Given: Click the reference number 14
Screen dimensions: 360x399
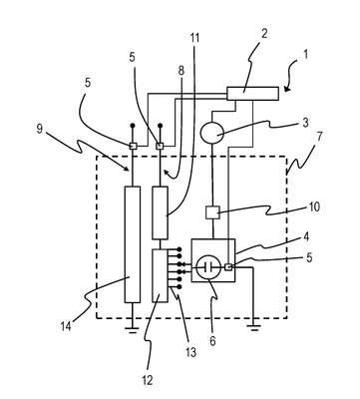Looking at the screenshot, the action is (66, 327).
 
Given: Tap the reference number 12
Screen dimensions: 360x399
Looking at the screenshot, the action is (147, 380).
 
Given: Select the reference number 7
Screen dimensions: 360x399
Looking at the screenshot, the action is (320, 137).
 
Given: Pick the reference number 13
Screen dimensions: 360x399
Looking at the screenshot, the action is (190, 352).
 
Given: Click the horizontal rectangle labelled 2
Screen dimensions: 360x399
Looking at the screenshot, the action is (252, 94).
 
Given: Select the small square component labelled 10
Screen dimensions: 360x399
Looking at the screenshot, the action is (212, 212).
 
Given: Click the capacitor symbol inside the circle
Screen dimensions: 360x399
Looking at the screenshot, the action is (209, 266).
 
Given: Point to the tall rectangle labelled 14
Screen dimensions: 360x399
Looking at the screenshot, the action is (132, 244).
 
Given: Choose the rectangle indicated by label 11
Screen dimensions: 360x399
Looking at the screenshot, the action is (160, 212).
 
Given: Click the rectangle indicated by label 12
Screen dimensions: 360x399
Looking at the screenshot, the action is (160, 275).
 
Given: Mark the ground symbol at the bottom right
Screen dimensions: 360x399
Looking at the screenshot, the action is (254, 328).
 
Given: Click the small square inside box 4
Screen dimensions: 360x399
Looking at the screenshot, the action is (228, 266).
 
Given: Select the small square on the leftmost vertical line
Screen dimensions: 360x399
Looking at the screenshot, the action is (133, 146).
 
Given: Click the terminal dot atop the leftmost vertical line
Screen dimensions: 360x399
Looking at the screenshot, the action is (133, 126).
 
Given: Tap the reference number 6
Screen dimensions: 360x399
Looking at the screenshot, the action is (212, 340).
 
